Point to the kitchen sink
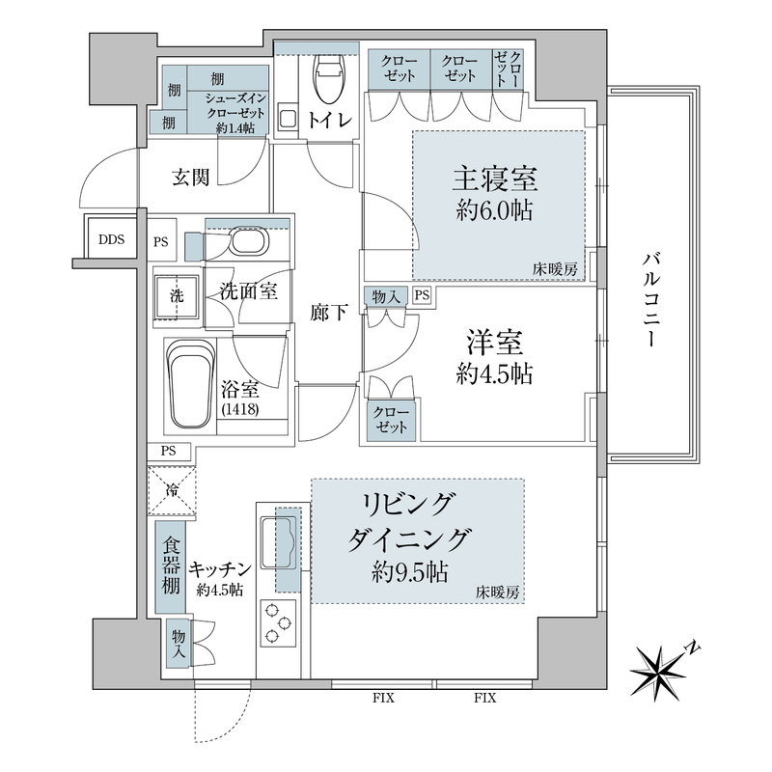pyautogui.click(x=285, y=546)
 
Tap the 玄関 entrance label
pyautogui.click(x=192, y=177)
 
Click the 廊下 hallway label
pyautogui.click(x=326, y=313)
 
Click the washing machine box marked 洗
pyautogui.click(x=178, y=295)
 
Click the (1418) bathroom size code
pyautogui.click(x=239, y=409)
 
